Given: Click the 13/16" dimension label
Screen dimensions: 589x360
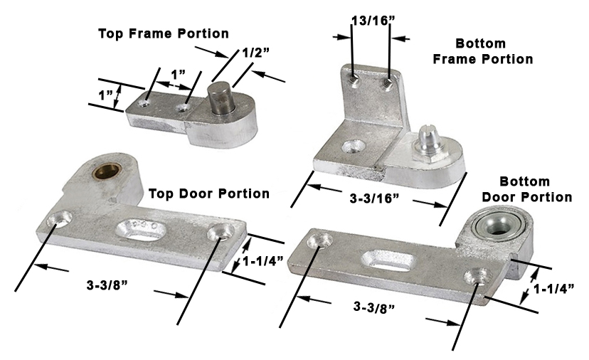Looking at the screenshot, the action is pos(371,21).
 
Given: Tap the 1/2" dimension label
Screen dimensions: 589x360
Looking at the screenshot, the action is pos(255,52).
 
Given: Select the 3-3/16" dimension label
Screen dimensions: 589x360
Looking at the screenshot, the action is pos(373,198).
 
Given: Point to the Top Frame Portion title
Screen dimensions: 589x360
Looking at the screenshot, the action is pos(164,33).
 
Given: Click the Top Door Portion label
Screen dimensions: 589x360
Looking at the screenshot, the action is pos(209,194).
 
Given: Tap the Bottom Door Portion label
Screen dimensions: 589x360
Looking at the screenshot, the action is pos(526,189).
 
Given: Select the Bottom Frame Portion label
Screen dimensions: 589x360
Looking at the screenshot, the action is pos(483,51).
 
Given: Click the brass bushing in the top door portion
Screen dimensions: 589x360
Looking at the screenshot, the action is pos(105,171).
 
